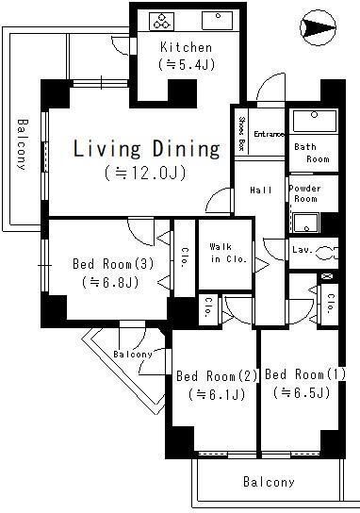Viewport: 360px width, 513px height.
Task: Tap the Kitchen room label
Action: pos(186,47)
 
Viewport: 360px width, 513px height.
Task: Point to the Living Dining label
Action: pos(146,149)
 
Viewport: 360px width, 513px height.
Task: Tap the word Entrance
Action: pos(268,135)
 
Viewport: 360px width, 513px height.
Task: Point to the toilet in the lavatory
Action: pos(326,253)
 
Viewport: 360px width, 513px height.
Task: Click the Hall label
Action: pos(261,190)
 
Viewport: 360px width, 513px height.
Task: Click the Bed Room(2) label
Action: pos(217,377)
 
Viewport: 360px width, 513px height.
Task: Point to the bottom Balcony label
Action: pos(269,482)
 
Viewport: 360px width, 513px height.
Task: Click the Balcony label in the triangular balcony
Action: pos(133,354)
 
